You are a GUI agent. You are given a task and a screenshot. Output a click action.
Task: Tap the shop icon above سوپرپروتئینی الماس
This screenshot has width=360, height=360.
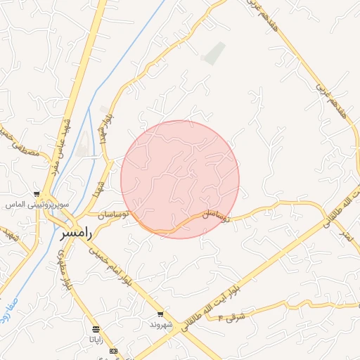pyautogui.click(x=37, y=194)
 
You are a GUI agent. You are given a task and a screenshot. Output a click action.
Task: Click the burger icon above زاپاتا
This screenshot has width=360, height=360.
pyautogui.click(x=96, y=329)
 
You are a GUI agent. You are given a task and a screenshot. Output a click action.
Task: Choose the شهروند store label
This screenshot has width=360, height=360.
pyautogui.click(x=161, y=324)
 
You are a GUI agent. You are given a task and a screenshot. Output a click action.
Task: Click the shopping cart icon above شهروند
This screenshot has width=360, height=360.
pyautogui.click(x=161, y=314)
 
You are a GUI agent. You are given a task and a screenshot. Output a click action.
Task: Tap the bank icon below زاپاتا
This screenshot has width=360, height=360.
pyautogui.click(x=113, y=351)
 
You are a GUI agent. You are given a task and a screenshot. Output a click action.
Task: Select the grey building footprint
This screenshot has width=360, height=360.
pyautogui.click(x=214, y=53)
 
